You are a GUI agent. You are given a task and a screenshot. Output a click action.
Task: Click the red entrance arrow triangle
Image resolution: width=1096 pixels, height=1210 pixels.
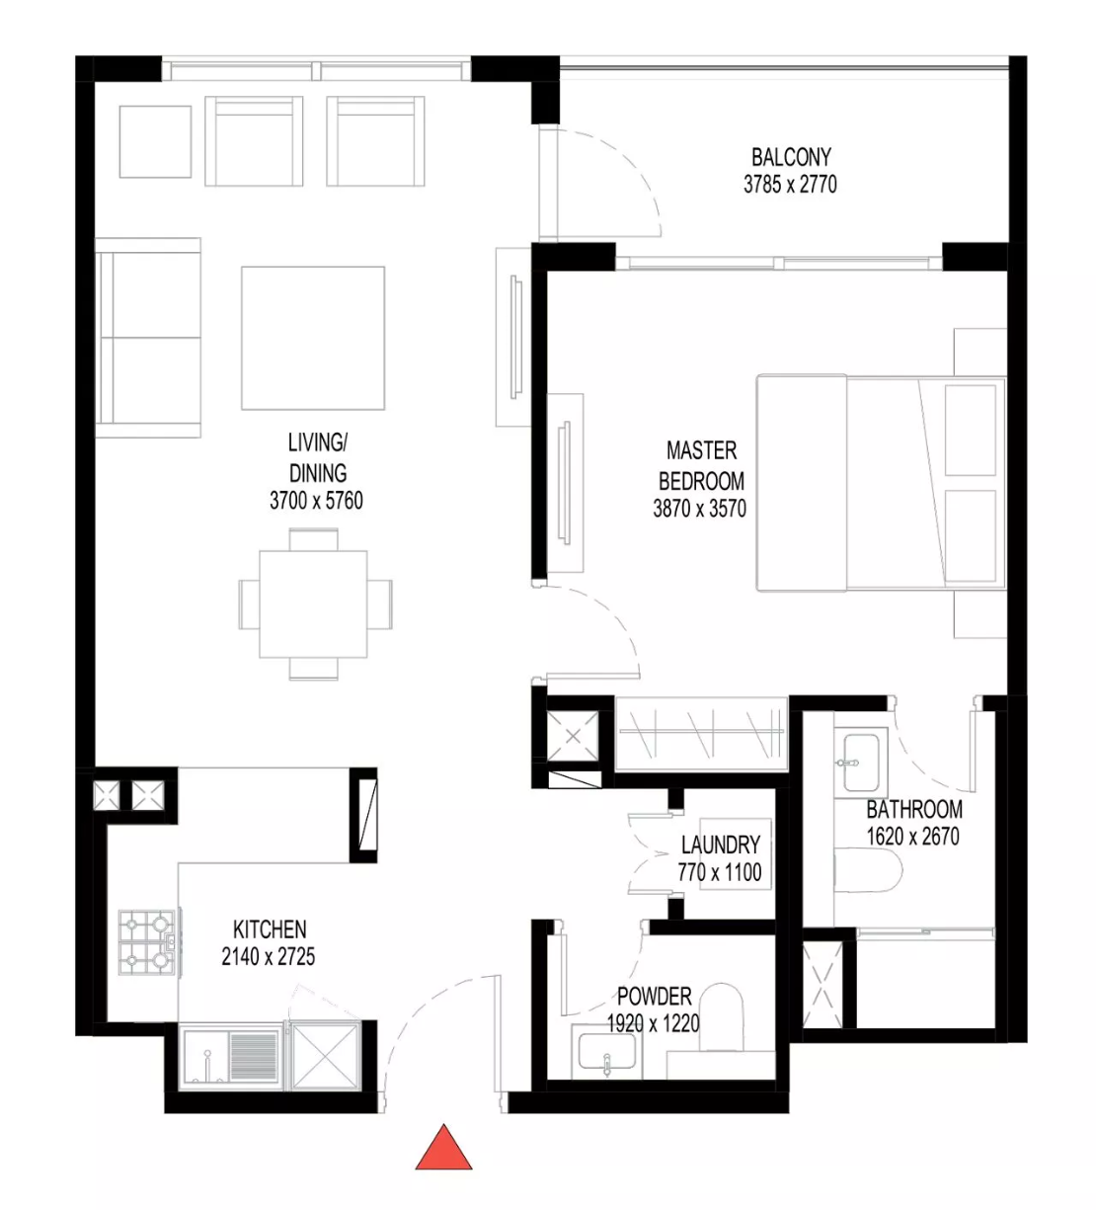[443, 1148]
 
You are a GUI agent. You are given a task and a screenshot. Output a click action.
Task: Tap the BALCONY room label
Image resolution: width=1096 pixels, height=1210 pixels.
[791, 157]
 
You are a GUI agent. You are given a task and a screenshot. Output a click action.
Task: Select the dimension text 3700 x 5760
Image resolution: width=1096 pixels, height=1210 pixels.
[316, 501]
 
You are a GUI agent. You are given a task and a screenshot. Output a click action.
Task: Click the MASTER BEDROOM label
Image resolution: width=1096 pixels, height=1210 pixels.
[701, 465]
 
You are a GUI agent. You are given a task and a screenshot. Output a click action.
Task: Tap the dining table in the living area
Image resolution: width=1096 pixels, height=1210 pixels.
[313, 604]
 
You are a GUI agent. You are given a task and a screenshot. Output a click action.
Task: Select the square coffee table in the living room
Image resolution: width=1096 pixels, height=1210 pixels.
[313, 338]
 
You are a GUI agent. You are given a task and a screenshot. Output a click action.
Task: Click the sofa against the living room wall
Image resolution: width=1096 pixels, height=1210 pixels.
[148, 337]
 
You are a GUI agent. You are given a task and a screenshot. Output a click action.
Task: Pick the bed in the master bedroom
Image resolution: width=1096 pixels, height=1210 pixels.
[882, 483]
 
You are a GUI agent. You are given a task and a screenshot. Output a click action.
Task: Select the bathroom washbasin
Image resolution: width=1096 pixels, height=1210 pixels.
[860, 763]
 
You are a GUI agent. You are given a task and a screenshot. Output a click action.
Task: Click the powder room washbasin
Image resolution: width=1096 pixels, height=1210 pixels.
[607, 1052]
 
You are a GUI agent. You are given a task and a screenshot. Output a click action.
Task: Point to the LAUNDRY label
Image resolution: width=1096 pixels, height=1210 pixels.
[721, 846]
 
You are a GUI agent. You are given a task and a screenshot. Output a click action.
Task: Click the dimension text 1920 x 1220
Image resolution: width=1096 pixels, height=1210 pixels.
[654, 1023]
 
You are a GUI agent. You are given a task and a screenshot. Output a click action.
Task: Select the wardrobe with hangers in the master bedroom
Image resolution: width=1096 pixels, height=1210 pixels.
[701, 734]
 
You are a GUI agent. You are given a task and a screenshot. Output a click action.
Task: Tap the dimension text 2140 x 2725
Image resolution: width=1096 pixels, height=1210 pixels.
[269, 956]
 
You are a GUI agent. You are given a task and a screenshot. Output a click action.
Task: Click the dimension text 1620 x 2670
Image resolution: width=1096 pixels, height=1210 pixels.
[913, 836]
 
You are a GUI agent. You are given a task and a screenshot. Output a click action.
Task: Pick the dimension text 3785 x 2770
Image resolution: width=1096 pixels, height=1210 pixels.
[790, 184]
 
